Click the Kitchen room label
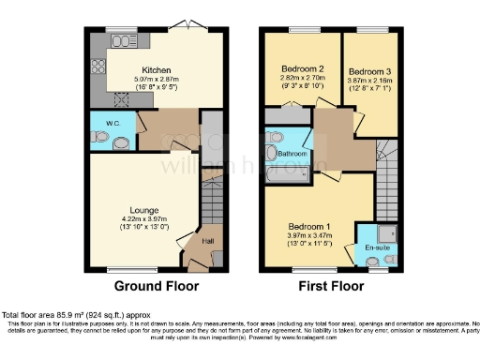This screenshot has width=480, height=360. [155, 69]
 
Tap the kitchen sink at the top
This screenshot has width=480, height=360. [121, 41]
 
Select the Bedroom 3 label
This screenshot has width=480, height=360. [367, 71]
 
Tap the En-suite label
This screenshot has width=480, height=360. [376, 247]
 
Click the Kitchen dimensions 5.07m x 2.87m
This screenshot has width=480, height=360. [155, 79]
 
